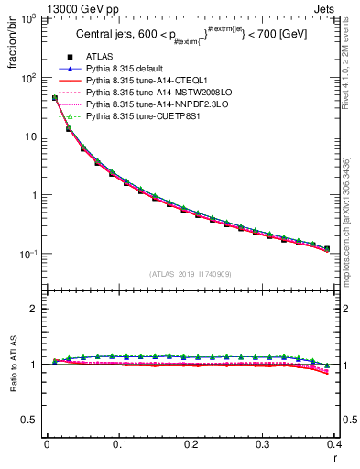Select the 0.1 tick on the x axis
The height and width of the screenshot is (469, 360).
coord(118,444)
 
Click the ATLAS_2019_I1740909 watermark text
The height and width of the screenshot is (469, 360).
coord(191,273)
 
